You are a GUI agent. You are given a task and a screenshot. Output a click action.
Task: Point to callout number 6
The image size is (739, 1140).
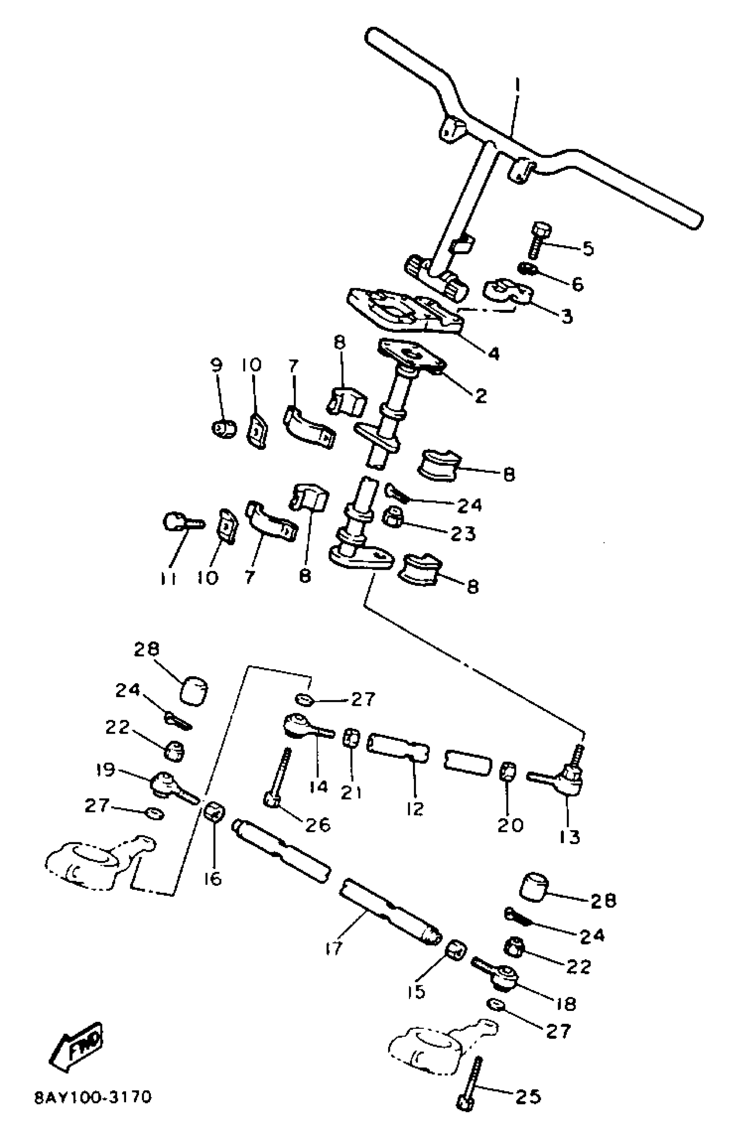(578, 284)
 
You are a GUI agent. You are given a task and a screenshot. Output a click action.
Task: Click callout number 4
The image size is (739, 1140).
(494, 353)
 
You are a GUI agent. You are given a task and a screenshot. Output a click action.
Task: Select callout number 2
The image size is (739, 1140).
(480, 396)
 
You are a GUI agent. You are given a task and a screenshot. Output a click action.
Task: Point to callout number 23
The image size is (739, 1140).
(463, 533)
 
